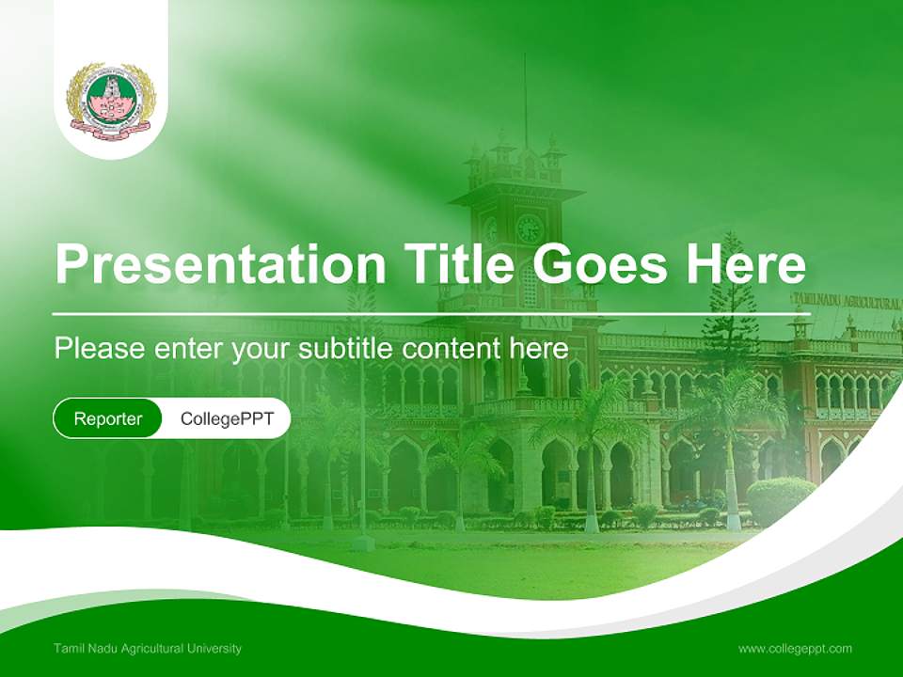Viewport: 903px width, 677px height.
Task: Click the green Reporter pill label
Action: coord(108,418)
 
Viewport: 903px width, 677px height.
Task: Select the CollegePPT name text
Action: coord(227,418)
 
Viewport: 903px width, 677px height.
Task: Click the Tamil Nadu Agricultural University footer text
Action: coord(148,648)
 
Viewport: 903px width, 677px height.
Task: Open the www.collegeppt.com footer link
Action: coord(795,648)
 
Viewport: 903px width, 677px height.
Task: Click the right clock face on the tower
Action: coord(529,228)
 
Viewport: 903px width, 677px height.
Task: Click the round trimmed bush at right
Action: coord(780,498)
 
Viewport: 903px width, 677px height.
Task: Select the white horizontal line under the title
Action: coord(423,313)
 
